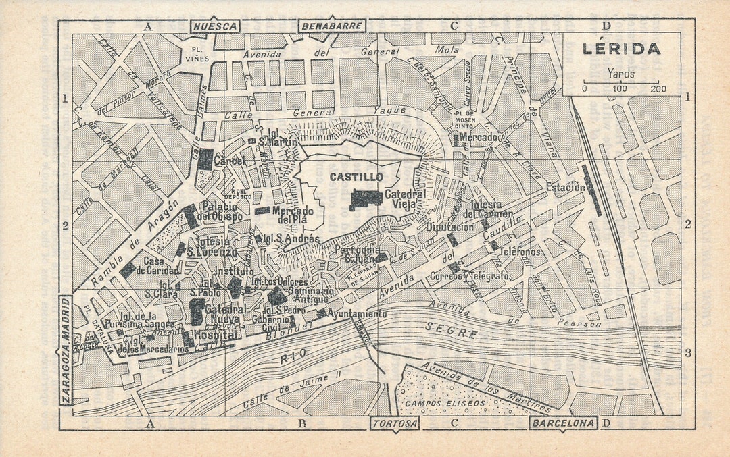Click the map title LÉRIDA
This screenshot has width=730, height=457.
tap(620, 50)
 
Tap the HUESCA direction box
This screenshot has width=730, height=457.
tap(215, 26)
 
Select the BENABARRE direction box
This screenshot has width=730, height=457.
tap(332, 26)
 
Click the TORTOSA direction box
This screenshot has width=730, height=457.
tap(395, 423)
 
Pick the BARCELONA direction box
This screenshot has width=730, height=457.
tap(563, 423)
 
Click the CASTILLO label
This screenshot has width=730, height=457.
tap(356, 177)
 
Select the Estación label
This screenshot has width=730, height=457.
tap(566, 187)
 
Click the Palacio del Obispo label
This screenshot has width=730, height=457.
tap(222, 211)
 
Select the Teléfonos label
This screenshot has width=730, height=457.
tap(520, 252)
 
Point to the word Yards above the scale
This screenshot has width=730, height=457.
tap(620, 73)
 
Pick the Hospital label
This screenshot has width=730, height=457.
tap(215, 335)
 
